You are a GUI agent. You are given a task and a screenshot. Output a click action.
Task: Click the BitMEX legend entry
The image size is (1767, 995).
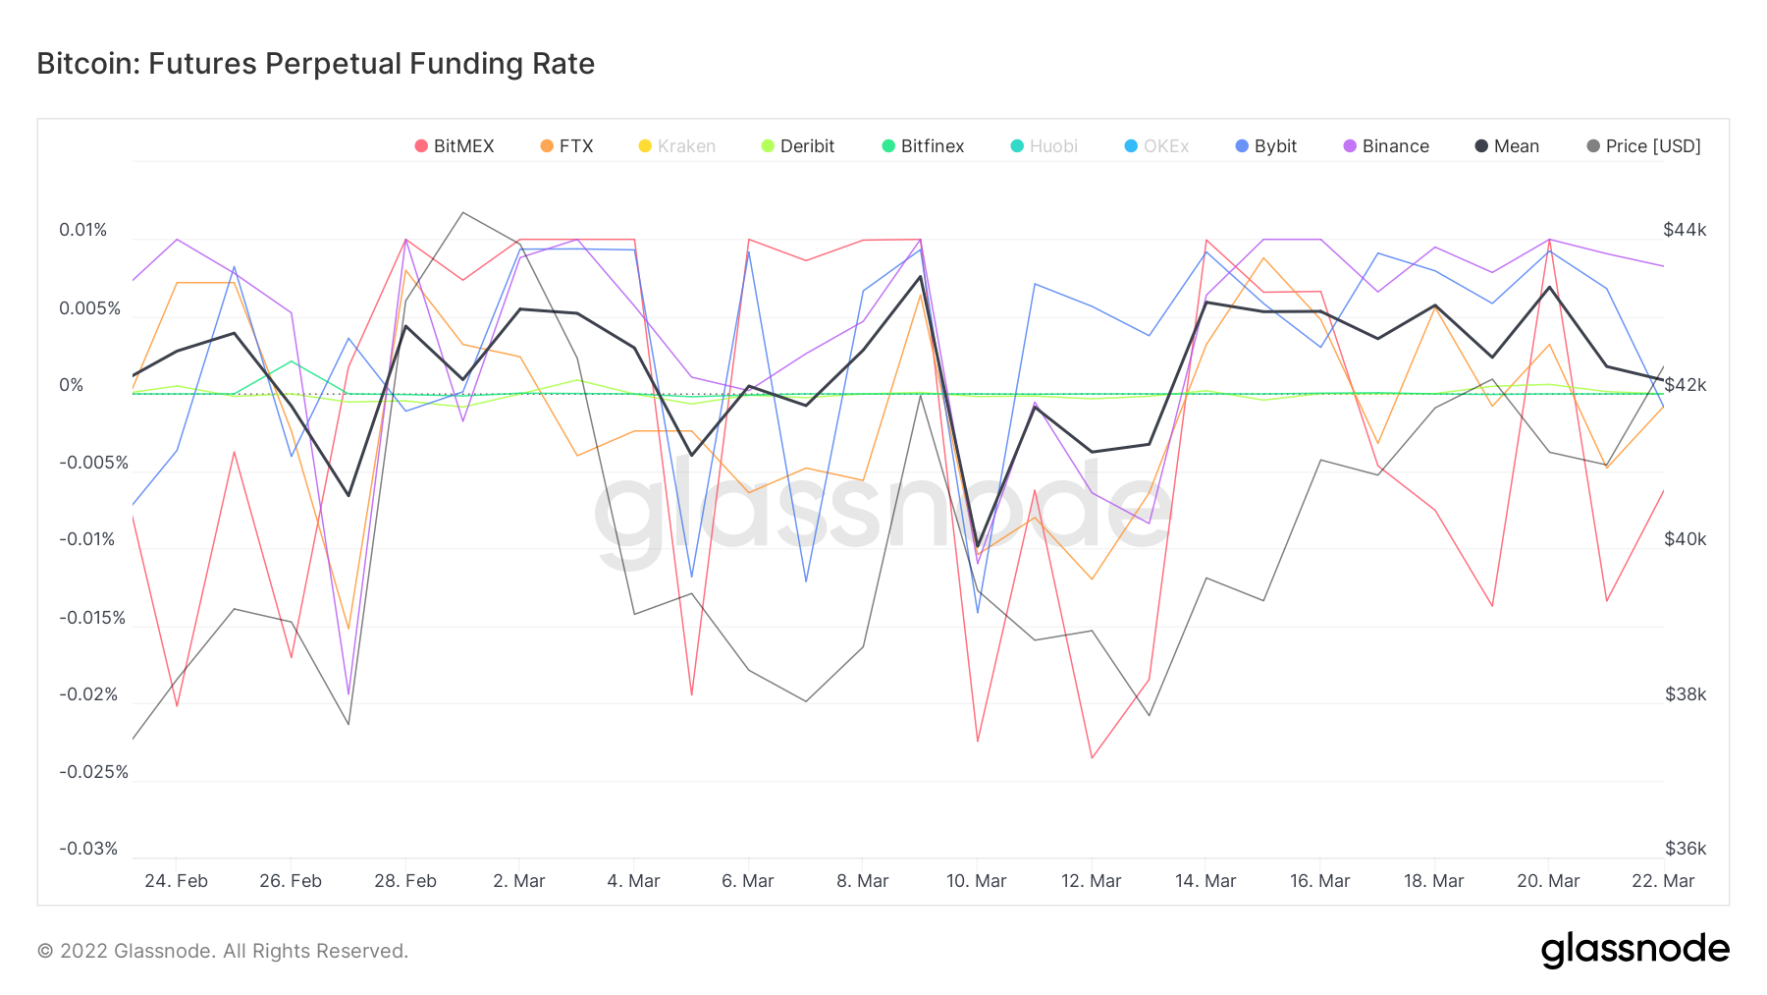[x=455, y=146]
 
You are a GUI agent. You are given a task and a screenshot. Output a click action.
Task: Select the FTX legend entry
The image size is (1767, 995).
[x=567, y=146]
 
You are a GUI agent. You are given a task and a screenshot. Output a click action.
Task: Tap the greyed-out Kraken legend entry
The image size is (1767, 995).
[x=677, y=146]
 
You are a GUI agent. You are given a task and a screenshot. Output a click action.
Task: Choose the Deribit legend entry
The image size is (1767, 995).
[x=798, y=146]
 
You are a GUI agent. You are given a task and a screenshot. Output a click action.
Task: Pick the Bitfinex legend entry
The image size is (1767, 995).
[x=924, y=146]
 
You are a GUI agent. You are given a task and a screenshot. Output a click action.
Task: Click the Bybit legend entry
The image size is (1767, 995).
[x=1266, y=146]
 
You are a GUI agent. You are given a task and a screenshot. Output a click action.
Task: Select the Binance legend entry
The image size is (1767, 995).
[x=1386, y=146]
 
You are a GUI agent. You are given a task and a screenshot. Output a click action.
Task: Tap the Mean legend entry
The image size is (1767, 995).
[x=1508, y=146]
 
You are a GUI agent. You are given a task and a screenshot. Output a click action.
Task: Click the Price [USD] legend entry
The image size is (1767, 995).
[x=1644, y=146]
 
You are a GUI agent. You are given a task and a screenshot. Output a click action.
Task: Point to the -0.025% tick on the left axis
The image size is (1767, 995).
[x=93, y=772]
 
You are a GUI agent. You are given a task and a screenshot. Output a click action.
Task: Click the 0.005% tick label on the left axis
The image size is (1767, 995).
[x=89, y=308]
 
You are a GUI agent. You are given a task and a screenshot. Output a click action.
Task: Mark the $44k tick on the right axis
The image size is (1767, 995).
[x=1685, y=230]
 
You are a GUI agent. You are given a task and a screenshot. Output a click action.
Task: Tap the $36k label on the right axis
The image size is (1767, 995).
[x=1686, y=849]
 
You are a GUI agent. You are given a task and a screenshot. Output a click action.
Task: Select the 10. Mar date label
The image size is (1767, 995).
[x=976, y=881]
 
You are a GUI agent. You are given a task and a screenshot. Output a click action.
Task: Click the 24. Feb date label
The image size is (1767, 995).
[x=176, y=881]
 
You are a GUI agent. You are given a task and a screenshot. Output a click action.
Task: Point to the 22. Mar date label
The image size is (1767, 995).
[x=1663, y=881]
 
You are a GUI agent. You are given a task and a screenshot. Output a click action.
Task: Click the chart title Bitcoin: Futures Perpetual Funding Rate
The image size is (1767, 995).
[x=316, y=64]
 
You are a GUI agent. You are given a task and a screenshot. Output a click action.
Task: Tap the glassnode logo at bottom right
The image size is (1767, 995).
[x=1634, y=950]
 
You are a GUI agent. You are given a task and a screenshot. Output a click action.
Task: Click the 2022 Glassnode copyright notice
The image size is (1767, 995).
[x=223, y=951]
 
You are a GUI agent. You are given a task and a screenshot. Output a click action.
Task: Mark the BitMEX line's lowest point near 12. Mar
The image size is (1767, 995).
[x=1092, y=758]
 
